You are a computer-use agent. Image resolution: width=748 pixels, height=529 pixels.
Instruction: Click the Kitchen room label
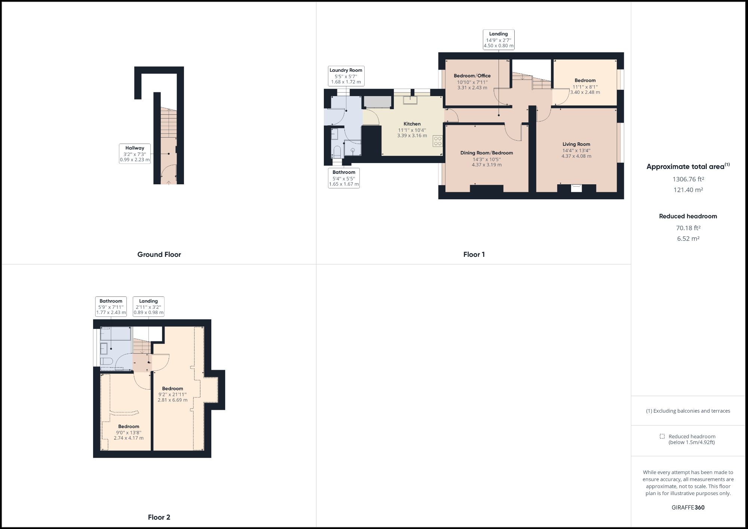coord(412,124)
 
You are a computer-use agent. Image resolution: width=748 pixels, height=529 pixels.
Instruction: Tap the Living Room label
coord(576,144)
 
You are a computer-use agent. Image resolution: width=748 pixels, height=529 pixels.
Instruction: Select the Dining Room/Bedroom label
coord(486,153)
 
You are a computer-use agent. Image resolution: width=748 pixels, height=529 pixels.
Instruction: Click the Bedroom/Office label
coord(472,76)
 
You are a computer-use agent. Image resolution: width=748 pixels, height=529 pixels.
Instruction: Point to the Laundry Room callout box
coord(346,76)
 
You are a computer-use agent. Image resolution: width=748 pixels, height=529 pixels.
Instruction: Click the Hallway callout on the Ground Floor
coord(135,154)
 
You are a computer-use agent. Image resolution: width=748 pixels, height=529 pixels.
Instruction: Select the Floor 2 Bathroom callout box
coord(111,307)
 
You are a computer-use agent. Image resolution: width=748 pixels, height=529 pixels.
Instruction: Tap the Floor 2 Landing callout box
coord(148,307)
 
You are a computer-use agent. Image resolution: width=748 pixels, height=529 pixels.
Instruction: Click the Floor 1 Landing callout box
coord(498,40)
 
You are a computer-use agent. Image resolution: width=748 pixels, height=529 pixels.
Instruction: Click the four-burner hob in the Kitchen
coord(438,141)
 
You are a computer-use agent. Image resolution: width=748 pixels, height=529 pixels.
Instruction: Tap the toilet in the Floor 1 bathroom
coord(337,152)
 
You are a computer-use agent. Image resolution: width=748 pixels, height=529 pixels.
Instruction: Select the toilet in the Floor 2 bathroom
coord(107,361)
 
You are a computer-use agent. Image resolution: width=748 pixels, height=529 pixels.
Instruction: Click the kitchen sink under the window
coord(410,100)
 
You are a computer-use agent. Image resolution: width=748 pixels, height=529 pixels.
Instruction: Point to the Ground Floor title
coord(159,255)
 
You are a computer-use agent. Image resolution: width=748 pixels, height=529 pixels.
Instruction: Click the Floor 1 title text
coord(474,255)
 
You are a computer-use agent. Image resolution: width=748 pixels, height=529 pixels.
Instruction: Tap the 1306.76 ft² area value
coord(688,179)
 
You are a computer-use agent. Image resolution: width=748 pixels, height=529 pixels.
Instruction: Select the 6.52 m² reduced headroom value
coord(688,239)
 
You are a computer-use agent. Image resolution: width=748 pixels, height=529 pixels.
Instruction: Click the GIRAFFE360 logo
coord(688,507)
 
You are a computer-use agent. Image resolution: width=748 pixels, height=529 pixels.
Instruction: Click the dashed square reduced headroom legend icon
coord(662,436)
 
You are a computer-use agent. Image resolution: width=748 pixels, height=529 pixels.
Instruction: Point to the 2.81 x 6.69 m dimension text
coord(172,400)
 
